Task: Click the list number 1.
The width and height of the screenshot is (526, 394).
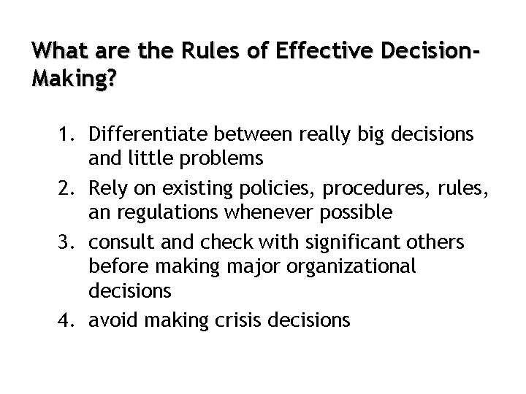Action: point(66,135)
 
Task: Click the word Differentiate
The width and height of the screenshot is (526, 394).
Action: point(147,135)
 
